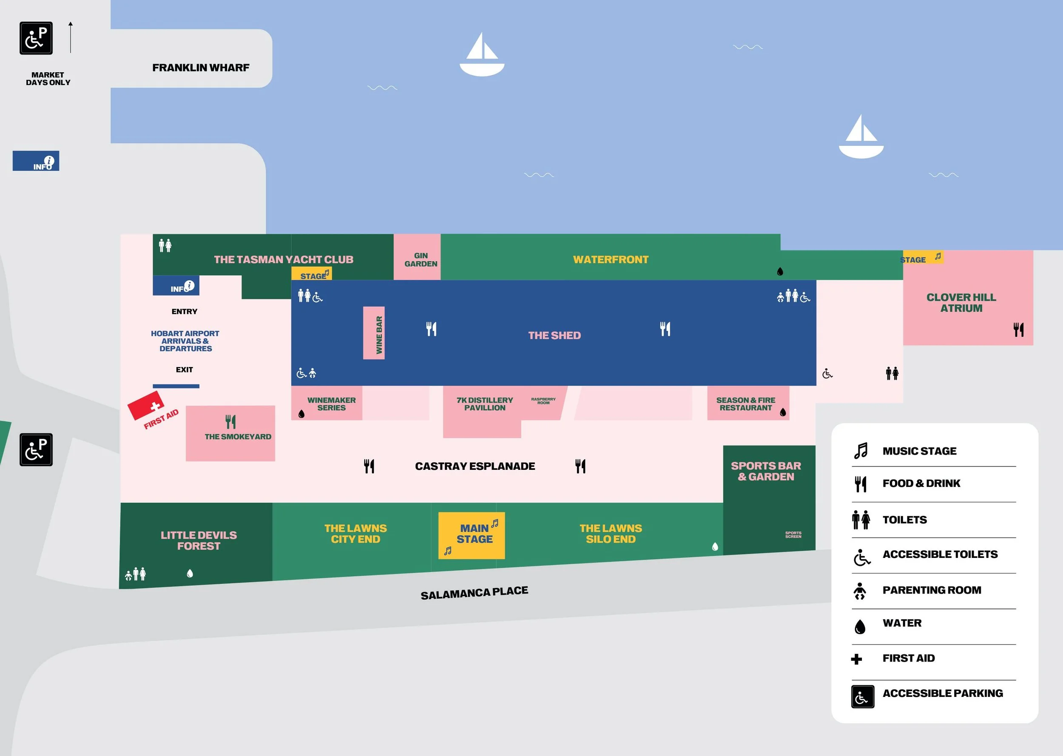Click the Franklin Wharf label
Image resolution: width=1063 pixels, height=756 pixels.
(201, 68)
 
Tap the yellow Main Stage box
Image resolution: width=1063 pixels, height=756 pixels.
(472, 535)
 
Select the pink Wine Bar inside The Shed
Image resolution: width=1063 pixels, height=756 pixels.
(374, 333)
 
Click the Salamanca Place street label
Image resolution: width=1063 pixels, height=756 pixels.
(474, 593)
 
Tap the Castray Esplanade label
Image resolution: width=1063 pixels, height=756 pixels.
(475, 466)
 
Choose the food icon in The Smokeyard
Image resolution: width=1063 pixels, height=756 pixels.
(230, 422)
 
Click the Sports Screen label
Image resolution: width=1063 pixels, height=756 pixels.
(793, 534)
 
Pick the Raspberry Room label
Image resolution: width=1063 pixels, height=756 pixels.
(543, 401)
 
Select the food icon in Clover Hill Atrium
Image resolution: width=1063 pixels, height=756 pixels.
(1018, 330)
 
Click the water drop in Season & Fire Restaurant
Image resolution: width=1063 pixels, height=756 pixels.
(783, 412)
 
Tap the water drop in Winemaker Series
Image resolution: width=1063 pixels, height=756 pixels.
(301, 414)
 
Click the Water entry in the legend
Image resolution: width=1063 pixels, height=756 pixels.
(901, 623)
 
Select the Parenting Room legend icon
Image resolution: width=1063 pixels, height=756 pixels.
(860, 591)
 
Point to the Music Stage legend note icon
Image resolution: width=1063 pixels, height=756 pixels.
(861, 451)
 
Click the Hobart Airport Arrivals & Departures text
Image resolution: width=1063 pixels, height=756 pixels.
(185, 341)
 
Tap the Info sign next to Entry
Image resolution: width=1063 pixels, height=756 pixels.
(176, 286)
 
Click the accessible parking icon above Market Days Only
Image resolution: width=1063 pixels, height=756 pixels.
(36, 38)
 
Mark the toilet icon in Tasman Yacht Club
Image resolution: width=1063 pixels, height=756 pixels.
(165, 245)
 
